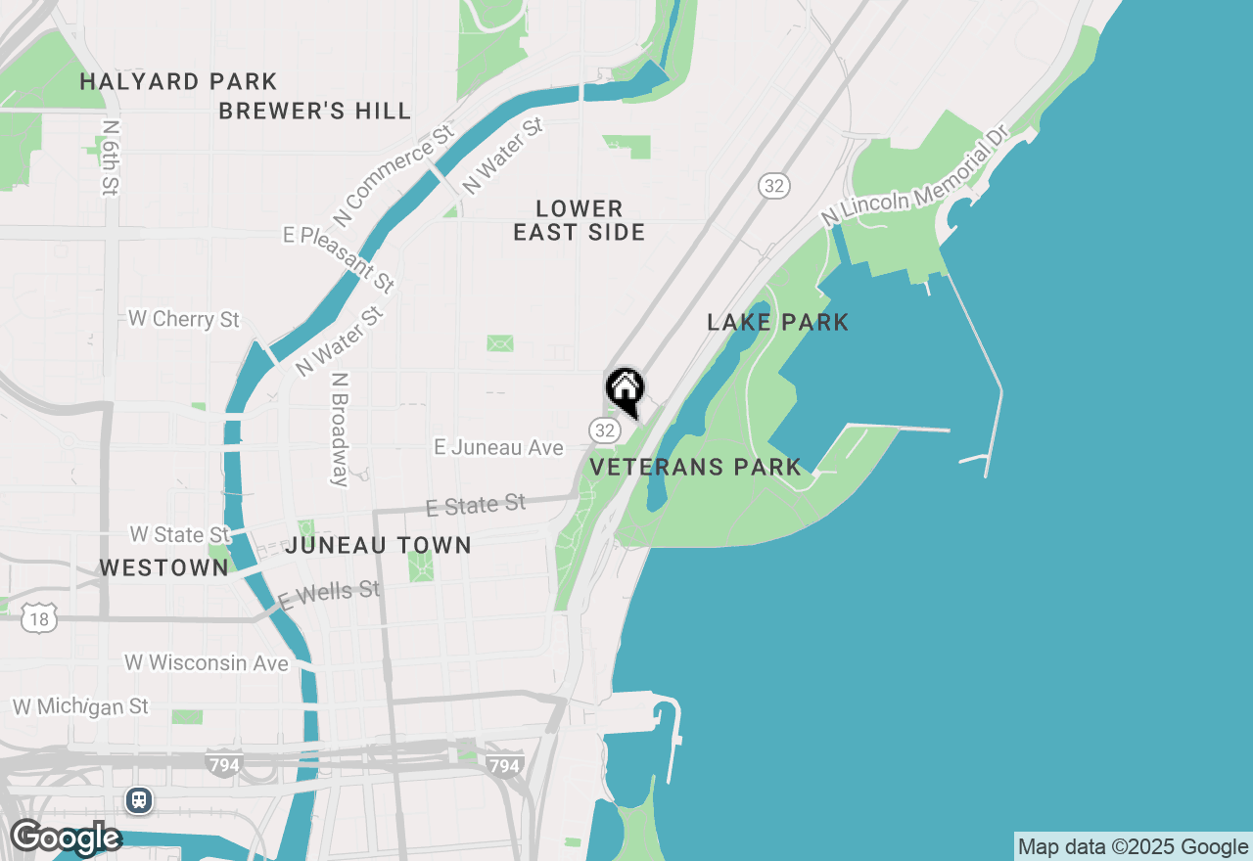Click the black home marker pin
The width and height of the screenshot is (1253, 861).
[625, 390]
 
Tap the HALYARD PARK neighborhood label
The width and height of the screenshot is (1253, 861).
[178, 81]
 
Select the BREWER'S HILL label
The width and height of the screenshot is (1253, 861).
[314, 112]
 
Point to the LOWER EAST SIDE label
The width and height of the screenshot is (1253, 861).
[579, 220]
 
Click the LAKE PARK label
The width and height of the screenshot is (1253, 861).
[777, 322]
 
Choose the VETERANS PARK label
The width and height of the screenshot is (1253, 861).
[695, 467]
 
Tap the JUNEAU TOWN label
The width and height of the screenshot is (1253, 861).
[378, 545]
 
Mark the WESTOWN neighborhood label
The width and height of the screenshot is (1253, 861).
[163, 567]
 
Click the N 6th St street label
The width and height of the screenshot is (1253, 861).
[110, 158]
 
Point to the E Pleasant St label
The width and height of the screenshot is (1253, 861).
[339, 258]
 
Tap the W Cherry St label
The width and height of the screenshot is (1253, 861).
[184, 320]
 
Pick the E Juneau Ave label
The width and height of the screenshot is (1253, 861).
[498, 447]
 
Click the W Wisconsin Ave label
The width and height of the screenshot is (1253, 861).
[207, 663]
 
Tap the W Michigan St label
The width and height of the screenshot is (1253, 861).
[80, 706]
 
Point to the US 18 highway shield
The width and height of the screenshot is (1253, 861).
[39, 618]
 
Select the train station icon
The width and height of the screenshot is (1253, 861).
[139, 800]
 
